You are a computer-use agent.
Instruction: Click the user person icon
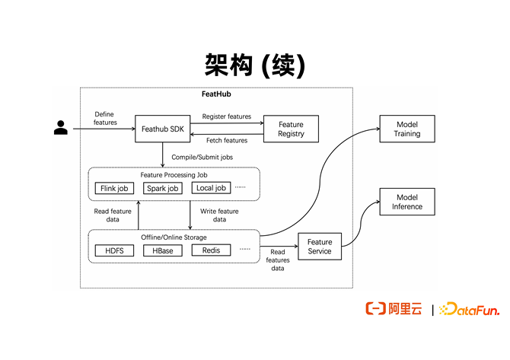61,127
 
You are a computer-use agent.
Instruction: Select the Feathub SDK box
162,129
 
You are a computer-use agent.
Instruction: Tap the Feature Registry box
291,129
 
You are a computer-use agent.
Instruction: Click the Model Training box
407,129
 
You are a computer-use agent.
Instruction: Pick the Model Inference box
407,202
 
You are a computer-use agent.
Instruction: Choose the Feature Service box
320,247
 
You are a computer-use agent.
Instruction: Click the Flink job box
115,188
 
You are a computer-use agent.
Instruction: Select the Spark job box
162,188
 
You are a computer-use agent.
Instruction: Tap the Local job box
210,188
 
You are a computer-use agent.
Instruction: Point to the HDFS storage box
115,250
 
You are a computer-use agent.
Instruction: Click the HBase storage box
162,250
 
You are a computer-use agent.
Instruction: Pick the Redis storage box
211,250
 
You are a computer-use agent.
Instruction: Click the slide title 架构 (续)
255,65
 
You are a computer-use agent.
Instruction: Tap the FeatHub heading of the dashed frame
215,94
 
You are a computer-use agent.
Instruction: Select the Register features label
226,117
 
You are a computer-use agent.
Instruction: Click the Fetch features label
226,141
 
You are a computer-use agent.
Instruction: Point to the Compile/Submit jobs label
202,158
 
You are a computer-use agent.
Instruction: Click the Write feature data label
219,215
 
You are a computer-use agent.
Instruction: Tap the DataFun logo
471,309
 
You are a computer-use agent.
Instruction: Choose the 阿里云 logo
394,309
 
